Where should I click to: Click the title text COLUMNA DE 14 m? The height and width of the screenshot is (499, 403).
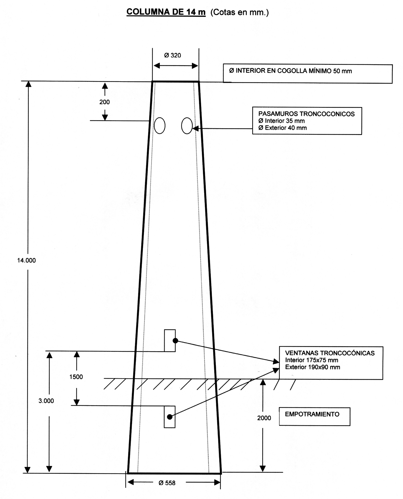click(166, 12)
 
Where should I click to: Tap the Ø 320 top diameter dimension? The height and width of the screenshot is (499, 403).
click(172, 55)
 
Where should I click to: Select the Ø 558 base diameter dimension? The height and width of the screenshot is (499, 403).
click(167, 483)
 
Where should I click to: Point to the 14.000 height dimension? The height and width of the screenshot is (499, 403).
click(26, 260)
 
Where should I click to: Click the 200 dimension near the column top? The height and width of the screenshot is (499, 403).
click(104, 102)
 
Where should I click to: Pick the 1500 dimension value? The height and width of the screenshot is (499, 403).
click(76, 377)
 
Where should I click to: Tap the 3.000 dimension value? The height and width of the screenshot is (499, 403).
click(46, 401)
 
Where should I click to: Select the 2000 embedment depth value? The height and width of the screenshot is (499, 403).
click(264, 418)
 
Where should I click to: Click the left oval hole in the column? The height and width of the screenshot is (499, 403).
click(160, 126)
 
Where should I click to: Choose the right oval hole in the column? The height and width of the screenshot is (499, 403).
click(187, 126)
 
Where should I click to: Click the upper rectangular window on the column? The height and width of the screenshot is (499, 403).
click(170, 340)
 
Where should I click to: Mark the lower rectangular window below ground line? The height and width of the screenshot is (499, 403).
click(169, 417)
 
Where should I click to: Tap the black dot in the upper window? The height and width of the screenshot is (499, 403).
click(176, 341)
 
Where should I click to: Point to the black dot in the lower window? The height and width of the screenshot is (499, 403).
click(170, 417)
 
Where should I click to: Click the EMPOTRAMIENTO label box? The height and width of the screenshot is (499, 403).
click(315, 416)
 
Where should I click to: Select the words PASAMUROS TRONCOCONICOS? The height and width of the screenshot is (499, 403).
click(306, 114)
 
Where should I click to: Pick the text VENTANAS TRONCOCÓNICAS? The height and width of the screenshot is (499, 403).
click(330, 353)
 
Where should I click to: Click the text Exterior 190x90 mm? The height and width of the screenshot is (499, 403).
click(312, 367)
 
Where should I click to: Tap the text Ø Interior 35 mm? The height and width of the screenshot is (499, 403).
click(282, 121)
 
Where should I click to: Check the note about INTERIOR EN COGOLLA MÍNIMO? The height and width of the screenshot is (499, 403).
click(290, 71)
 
